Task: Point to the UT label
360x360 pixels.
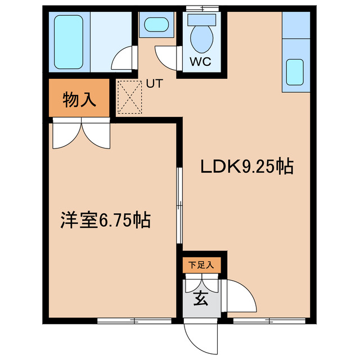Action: pos(154,84)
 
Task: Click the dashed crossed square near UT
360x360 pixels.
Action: pos(129,97)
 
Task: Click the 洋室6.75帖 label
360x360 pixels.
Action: pos(105,220)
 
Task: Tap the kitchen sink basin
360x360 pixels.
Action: pos(295,71)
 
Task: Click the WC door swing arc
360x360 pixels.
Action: pos(166,56)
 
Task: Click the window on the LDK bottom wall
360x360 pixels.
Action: pos(269,321)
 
